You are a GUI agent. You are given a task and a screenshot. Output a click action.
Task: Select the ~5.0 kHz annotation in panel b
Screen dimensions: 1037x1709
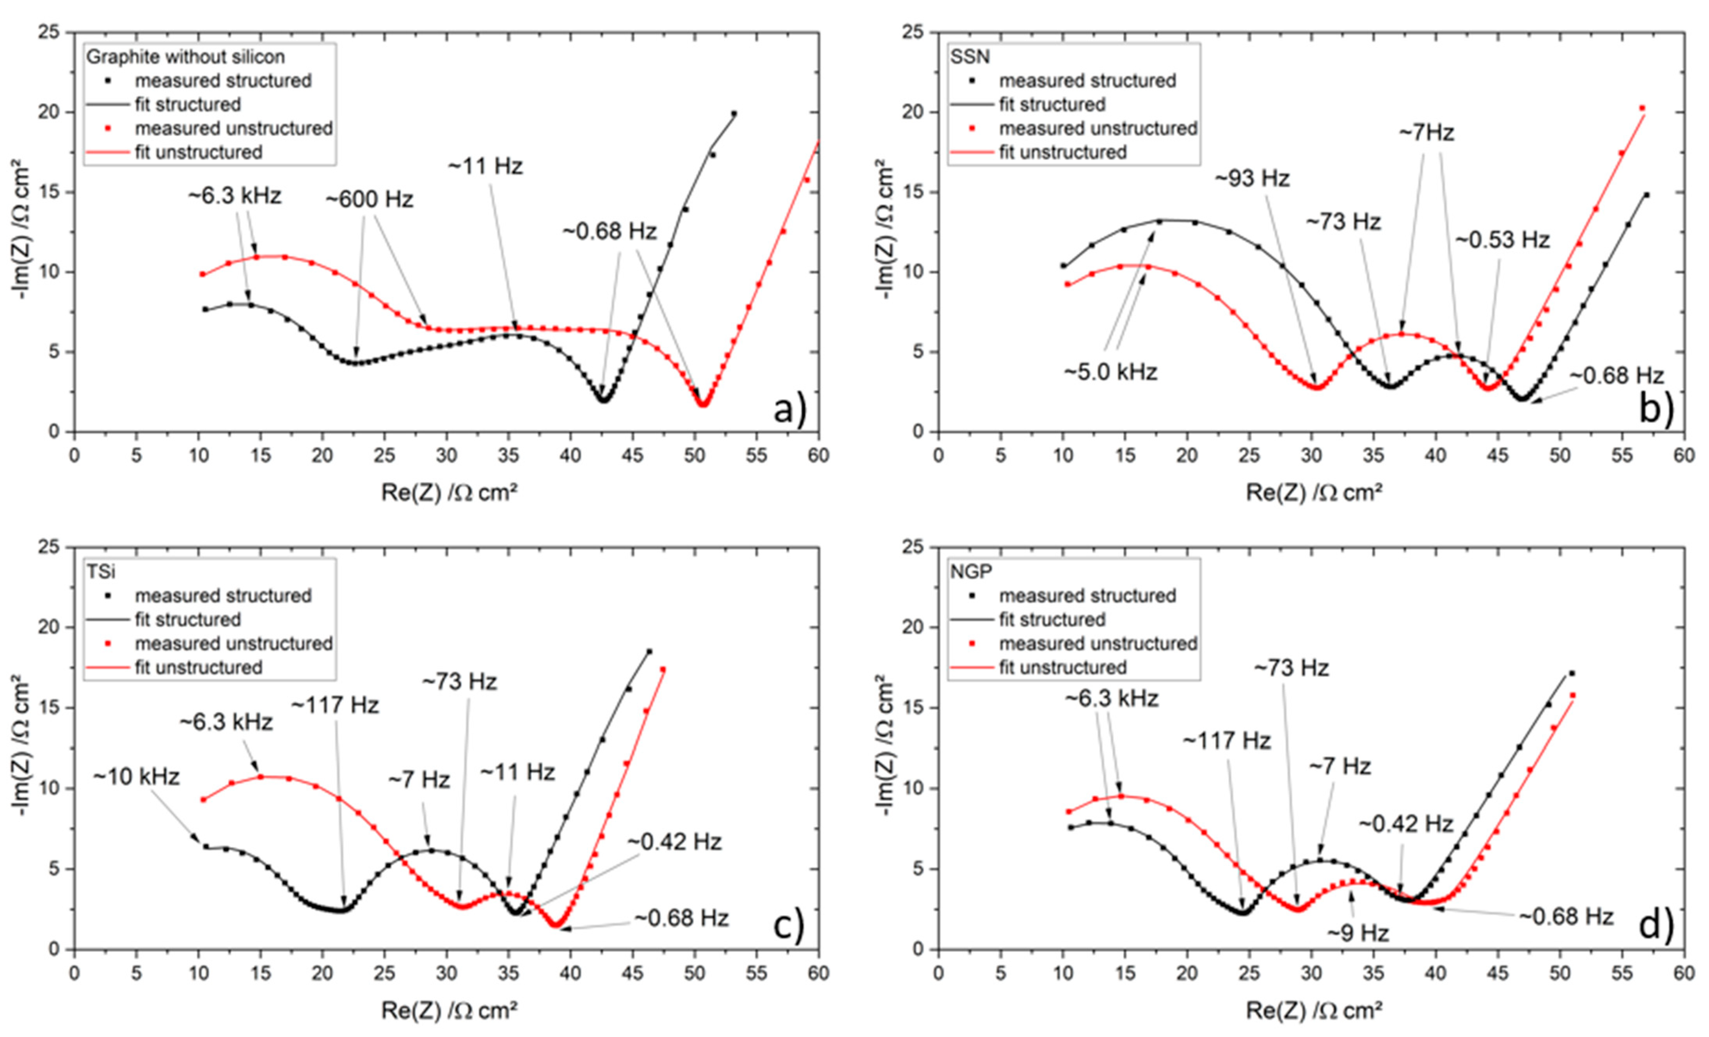pyautogui.click(x=1110, y=372)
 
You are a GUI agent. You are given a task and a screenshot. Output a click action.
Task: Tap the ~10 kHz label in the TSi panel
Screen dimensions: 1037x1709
pyautogui.click(x=136, y=777)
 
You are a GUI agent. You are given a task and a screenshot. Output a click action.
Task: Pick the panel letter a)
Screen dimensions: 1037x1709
pyautogui.click(x=789, y=410)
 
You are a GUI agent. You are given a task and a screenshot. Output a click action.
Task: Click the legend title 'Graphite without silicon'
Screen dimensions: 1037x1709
pyautogui.click(x=185, y=57)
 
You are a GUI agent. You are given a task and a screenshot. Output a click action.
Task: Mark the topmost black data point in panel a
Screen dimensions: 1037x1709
pyautogui.click(x=734, y=114)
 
